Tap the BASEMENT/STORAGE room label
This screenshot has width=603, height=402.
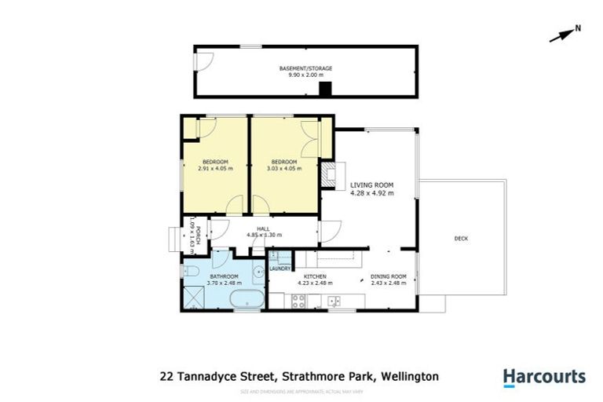pos(305,68)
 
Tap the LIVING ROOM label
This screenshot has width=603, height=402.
pos(371,185)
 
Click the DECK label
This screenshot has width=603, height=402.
pos(461,238)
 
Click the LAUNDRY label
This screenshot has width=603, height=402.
pos(280,269)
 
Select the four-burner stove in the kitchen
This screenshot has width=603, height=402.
pos(300,301)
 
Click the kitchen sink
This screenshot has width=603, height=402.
pos(334,301)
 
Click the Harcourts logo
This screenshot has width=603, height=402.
pos(544,376)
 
